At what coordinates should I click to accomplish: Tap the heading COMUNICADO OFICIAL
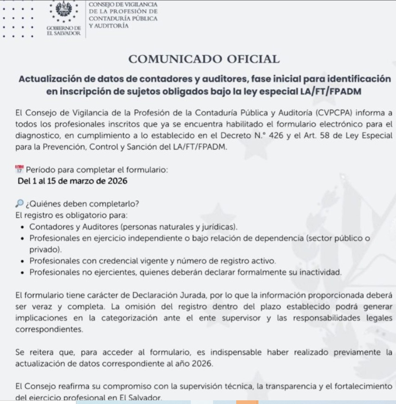204,59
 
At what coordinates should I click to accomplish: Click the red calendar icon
19,170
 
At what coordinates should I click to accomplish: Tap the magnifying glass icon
19,204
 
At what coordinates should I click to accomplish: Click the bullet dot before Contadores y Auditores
23,227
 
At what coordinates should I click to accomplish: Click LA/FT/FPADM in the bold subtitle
330,91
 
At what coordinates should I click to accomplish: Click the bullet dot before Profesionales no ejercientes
23,272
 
